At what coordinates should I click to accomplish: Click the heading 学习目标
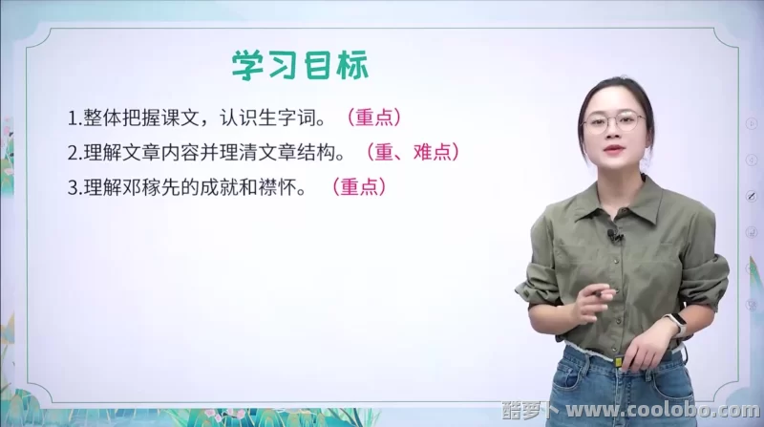299,67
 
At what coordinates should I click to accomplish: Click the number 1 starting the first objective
73,119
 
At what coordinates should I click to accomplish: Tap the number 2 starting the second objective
73,153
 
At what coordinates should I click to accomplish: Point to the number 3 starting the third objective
73,187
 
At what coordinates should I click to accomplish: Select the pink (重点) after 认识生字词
372,118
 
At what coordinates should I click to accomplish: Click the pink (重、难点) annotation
412,152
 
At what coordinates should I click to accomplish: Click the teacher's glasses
614,121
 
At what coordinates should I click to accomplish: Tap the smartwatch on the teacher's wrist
675,323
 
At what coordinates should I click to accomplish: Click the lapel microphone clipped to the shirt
616,234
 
